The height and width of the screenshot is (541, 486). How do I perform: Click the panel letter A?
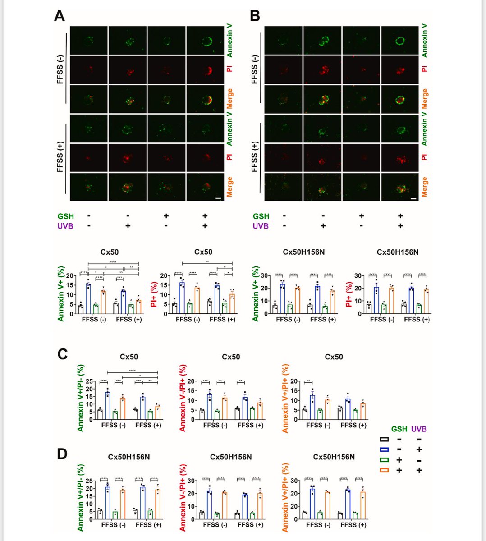tap(59, 16)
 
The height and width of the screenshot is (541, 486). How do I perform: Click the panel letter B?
tap(255, 16)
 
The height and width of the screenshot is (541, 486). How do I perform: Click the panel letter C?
tap(63, 354)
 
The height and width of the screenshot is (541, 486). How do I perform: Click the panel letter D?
tap(63, 454)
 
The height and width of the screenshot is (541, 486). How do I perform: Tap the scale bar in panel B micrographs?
tap(413, 197)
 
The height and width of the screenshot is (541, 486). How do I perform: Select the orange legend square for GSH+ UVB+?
tap(384, 470)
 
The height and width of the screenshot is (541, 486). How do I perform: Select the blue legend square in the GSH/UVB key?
tap(384, 449)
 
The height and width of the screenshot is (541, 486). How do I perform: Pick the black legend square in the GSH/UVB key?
tap(384, 439)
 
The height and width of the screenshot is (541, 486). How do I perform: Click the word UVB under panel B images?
tap(261, 226)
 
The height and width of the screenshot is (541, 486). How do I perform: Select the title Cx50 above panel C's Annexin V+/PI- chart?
tap(128, 357)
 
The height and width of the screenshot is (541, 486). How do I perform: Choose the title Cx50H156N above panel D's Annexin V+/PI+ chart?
tap(334, 457)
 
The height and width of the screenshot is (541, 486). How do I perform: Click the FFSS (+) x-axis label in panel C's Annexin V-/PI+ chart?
tap(250, 425)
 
